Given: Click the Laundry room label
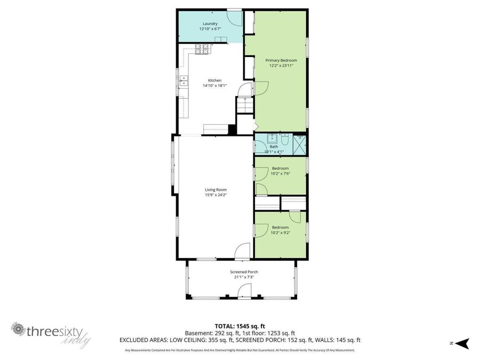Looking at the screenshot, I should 210,23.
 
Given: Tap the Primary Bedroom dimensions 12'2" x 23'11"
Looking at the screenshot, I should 281,66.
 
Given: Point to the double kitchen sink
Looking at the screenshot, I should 183,81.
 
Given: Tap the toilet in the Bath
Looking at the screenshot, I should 285,140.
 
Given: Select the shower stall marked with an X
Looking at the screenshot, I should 300,144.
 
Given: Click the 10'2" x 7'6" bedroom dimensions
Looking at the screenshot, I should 280,173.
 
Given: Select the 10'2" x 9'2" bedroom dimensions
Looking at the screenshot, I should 280,233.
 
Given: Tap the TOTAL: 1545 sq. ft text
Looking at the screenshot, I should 239,325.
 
